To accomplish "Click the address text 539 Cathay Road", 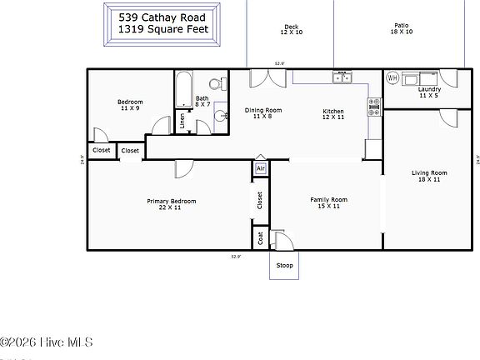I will click(x=162, y=16).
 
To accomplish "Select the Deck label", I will click(x=291, y=27).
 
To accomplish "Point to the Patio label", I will click(x=401, y=27).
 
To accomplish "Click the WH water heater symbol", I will click(x=392, y=78).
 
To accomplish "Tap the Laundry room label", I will click(x=429, y=90).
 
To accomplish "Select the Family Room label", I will click(x=328, y=200).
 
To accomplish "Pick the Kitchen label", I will click(x=333, y=112).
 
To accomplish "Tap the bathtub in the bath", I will click(x=183, y=87).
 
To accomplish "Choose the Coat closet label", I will click(x=260, y=237).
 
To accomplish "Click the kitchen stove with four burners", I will click(x=374, y=106).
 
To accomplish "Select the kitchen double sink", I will click(x=342, y=78).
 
